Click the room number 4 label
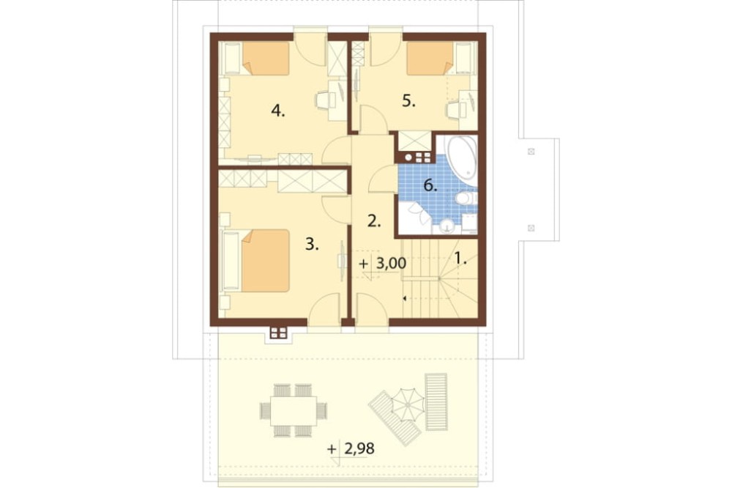277,111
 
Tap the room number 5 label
408,101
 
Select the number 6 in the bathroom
430,186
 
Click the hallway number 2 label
374,221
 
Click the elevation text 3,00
391,264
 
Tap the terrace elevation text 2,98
359,449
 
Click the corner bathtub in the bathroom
462,159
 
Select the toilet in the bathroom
466,199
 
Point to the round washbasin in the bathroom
447,226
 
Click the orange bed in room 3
265,261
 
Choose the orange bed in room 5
430,59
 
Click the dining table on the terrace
294,410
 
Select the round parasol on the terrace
407,402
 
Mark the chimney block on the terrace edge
278,333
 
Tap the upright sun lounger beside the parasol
436,402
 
